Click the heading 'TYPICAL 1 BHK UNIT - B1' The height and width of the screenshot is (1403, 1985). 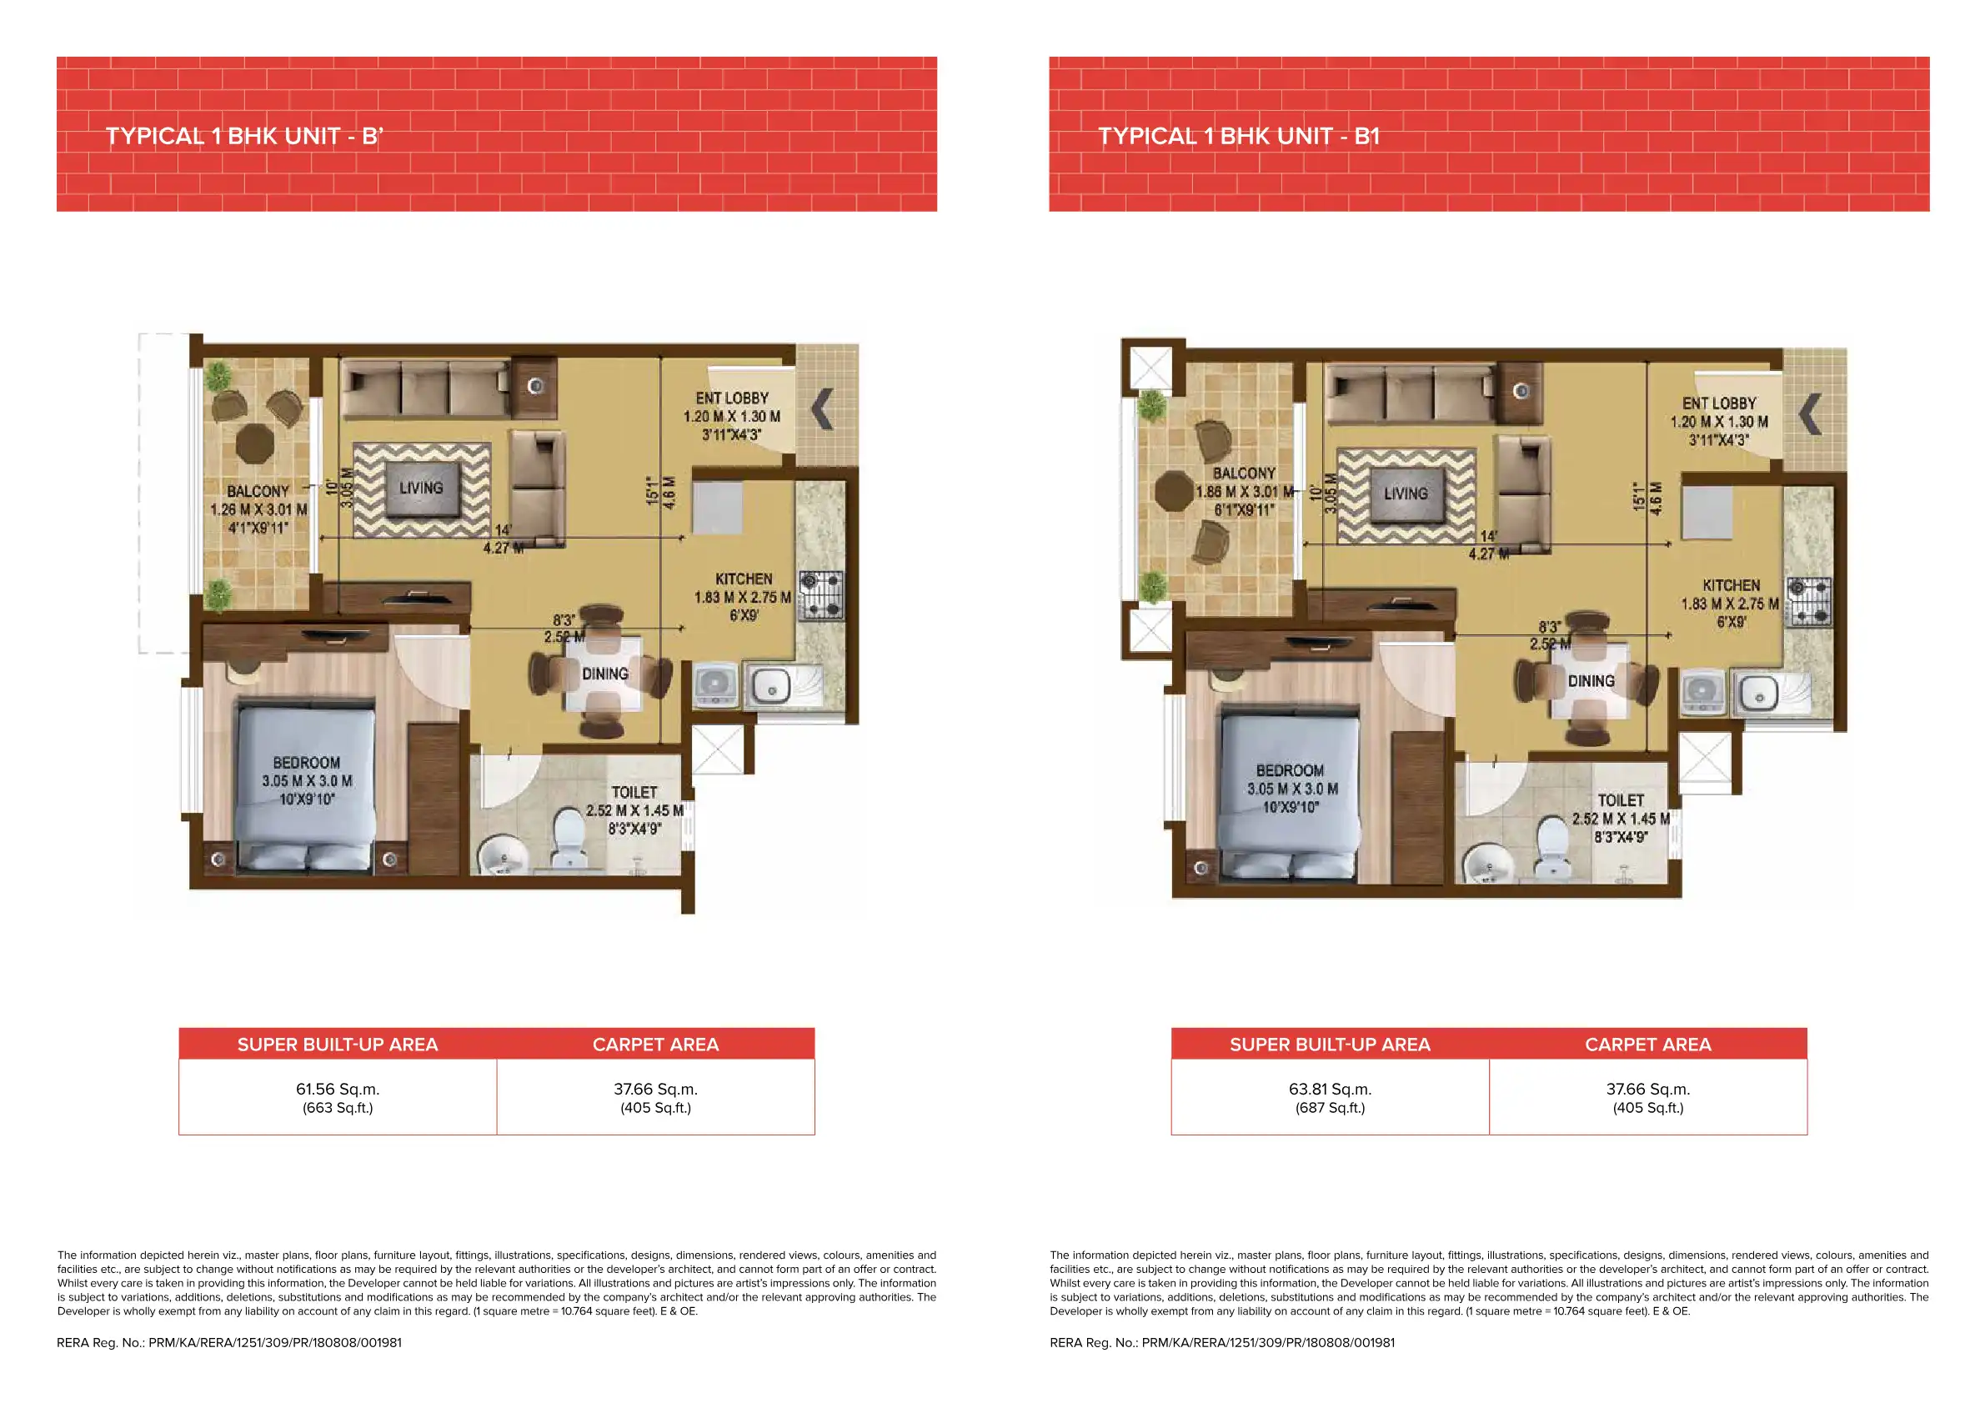[x=1238, y=137]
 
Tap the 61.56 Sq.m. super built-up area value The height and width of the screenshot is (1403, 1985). [x=337, y=1090]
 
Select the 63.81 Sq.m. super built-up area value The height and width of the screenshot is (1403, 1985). [x=1330, y=1090]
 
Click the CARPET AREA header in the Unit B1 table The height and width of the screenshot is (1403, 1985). [x=1647, y=1045]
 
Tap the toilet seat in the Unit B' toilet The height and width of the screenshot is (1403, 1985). [x=569, y=834]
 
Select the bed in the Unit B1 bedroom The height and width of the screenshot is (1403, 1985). [x=1288, y=791]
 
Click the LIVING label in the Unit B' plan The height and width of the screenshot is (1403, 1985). [x=421, y=489]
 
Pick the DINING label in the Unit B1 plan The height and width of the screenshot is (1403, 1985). [x=1591, y=681]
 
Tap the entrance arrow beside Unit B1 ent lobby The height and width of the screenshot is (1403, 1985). [x=1809, y=414]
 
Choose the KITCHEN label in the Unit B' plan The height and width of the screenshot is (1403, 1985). [x=744, y=579]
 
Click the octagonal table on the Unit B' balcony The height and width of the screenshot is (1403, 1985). [x=255, y=443]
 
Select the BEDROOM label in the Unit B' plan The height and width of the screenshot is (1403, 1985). [x=307, y=764]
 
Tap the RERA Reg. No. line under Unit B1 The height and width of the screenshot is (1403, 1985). [x=1221, y=1342]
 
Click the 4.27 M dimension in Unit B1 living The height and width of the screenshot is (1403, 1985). [x=1488, y=554]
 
